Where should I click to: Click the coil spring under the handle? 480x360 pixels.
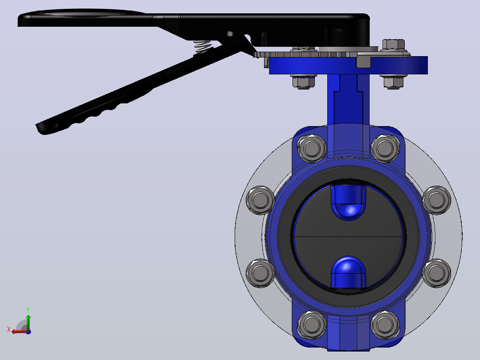202,47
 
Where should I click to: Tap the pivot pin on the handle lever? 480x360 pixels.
230,34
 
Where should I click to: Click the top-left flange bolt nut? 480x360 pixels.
312,149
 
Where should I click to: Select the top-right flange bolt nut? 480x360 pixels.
385,149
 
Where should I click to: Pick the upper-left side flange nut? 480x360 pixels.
260,200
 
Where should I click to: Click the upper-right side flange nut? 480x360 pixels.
436,200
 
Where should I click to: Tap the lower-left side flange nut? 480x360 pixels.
260,273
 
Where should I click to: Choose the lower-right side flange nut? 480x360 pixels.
436,273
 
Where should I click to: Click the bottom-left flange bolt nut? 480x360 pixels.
312,325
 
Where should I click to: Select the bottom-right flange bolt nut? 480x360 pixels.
385,325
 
